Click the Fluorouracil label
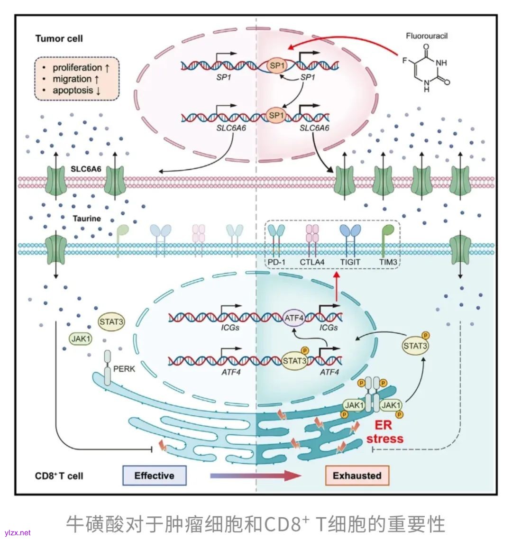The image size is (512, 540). [427, 36]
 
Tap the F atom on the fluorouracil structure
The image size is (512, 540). [404, 61]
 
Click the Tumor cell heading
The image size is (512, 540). [59, 38]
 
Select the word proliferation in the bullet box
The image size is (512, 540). [77, 68]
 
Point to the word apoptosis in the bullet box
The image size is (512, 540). [73, 90]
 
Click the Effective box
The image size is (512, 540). [154, 476]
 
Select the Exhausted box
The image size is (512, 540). [357, 476]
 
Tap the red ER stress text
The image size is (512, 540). [384, 432]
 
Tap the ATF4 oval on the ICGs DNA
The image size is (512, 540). [294, 318]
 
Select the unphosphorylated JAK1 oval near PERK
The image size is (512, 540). [81, 339]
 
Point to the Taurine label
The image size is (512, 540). [87, 219]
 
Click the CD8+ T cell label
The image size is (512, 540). [59, 476]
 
